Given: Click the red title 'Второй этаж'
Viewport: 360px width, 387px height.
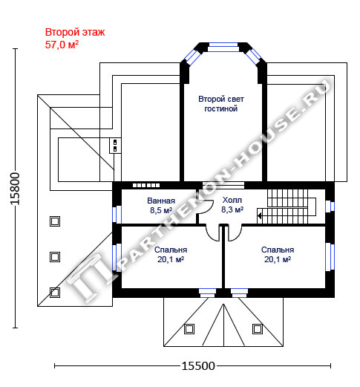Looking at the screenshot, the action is tap(75, 32).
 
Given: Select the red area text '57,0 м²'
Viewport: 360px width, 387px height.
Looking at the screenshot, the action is tap(62, 45).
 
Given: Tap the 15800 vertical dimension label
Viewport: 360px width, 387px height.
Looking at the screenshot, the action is tap(15, 189).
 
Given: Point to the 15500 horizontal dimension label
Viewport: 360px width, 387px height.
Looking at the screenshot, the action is tap(198, 365).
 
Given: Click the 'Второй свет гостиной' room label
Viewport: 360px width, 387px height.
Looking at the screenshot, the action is tap(221, 104).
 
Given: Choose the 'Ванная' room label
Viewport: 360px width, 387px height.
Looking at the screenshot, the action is tap(161, 201).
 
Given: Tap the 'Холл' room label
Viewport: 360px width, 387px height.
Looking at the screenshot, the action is tap(232, 200).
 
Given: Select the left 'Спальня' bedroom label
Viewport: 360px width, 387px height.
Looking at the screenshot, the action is tap(171, 250).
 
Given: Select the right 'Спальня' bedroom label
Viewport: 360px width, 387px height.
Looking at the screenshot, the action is tap(278, 250).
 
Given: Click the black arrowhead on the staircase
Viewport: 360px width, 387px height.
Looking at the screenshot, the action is tap(260, 215).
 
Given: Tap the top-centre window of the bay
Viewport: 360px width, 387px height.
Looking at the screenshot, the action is tap(223, 47).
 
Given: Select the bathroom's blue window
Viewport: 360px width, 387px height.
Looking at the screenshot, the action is tap(117, 215).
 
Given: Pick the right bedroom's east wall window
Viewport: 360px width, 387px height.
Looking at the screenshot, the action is tap(330, 257).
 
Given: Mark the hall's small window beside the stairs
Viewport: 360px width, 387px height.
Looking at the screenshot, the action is tap(330, 206).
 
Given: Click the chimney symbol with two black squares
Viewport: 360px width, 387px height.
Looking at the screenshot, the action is tap(115, 146).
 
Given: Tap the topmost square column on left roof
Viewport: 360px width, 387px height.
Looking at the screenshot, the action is tap(55, 221).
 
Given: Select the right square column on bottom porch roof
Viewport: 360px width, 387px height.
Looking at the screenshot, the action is tap(258, 329).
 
